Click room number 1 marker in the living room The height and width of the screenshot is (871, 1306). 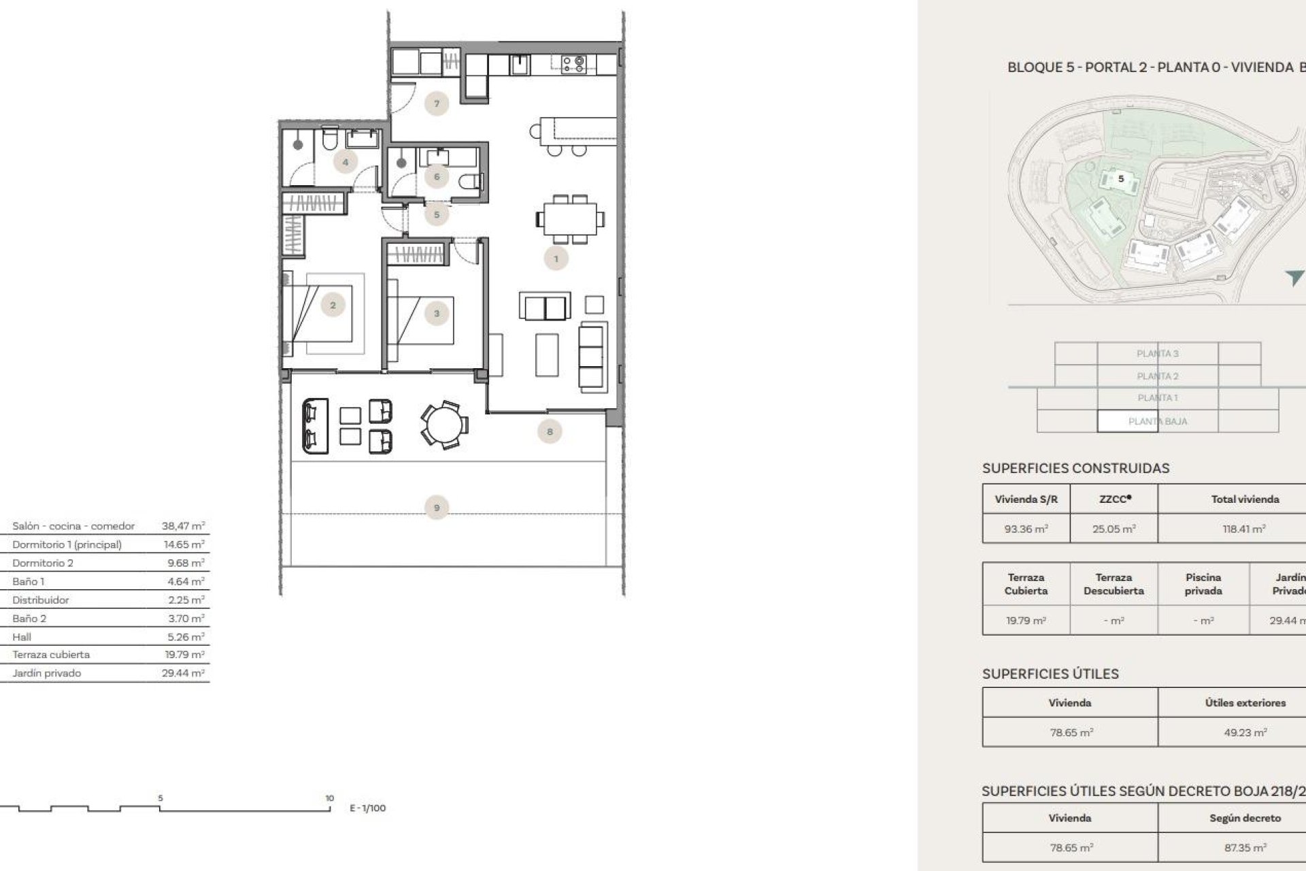[x=556, y=259]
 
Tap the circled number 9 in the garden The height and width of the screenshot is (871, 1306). [x=436, y=508]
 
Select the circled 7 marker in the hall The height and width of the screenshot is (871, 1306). [x=436, y=104]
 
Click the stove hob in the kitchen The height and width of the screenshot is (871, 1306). [x=573, y=64]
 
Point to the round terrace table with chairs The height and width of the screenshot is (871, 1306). [x=443, y=425]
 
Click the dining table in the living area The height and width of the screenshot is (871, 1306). [x=569, y=219]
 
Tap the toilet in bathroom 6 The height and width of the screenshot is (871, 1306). [x=470, y=182]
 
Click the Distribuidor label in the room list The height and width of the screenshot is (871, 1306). [x=40, y=600]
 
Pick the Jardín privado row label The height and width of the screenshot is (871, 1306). [x=46, y=673]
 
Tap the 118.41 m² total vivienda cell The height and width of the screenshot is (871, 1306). [x=1244, y=529]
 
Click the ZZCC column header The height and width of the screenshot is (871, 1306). [x=1114, y=499]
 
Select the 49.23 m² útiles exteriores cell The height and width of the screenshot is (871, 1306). [x=1245, y=733]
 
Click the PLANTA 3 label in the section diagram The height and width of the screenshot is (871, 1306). [x=1157, y=353]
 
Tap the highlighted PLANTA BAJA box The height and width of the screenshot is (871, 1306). [x=1157, y=421]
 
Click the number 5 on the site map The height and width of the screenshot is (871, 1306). [x=1121, y=179]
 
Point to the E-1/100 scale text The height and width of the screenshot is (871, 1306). [x=367, y=808]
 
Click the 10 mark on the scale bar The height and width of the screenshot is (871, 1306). [x=329, y=798]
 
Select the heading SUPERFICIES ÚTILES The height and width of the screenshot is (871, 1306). [x=1050, y=674]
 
